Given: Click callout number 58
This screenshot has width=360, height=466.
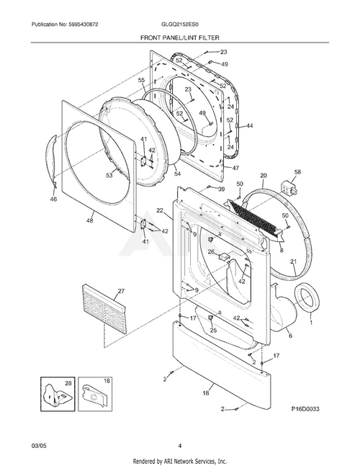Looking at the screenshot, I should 297,173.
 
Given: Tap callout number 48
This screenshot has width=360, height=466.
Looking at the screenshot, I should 90,220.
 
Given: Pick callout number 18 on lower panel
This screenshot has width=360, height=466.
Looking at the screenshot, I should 206,393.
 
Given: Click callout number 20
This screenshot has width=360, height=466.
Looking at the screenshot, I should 263,175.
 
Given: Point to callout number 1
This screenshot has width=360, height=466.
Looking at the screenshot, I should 311,323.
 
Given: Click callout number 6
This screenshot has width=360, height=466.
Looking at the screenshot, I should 289,336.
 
